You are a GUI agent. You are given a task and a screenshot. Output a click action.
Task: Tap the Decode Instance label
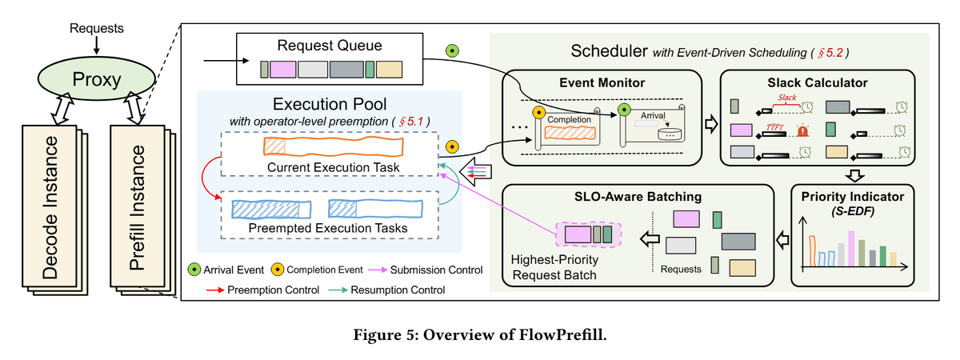pos(51,212)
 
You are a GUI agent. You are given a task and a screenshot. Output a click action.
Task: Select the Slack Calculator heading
pos(818,82)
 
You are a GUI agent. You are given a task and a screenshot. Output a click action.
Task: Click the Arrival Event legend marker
pos(194,269)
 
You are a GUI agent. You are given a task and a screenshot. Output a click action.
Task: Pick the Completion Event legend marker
pos(277,269)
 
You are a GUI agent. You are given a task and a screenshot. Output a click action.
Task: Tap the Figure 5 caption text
pos(479,334)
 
